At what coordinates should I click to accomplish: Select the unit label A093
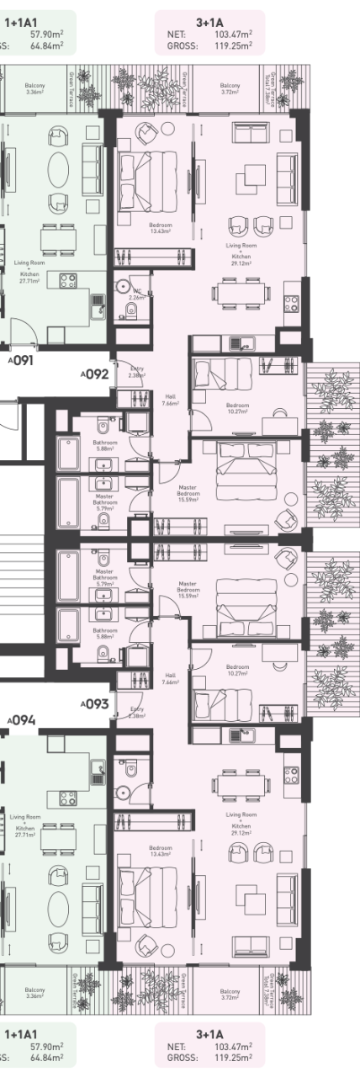(95, 704)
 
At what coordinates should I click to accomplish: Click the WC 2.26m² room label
(137, 294)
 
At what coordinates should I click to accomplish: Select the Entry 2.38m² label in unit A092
(137, 372)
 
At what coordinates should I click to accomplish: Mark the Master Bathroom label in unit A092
(105, 502)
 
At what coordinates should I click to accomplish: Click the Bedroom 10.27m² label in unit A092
(238, 408)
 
